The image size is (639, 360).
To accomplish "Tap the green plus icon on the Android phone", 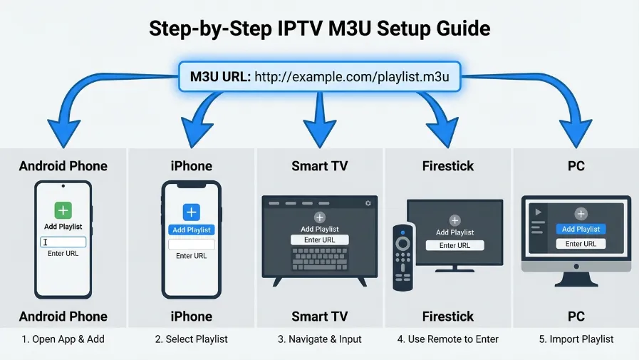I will coord(63,210).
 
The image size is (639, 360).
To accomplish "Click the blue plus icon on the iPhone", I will coord(191,212).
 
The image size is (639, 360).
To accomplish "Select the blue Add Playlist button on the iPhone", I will coord(191,230).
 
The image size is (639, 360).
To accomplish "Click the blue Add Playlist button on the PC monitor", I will coord(581,229).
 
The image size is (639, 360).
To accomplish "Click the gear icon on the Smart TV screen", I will coord(368,203).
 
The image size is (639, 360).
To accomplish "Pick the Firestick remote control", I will coord(403,257).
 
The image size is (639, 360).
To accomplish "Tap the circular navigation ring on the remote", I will coord(403,243).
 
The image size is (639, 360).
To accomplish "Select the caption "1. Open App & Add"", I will coord(63,339).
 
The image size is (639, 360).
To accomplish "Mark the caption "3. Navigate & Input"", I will coord(319,339).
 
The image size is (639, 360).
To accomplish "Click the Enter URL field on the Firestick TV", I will coord(454,245).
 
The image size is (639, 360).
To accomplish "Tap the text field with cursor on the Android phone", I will coord(63,242).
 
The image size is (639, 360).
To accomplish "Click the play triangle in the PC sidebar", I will coord(537,212).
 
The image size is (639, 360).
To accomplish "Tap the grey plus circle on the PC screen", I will coord(581,214).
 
